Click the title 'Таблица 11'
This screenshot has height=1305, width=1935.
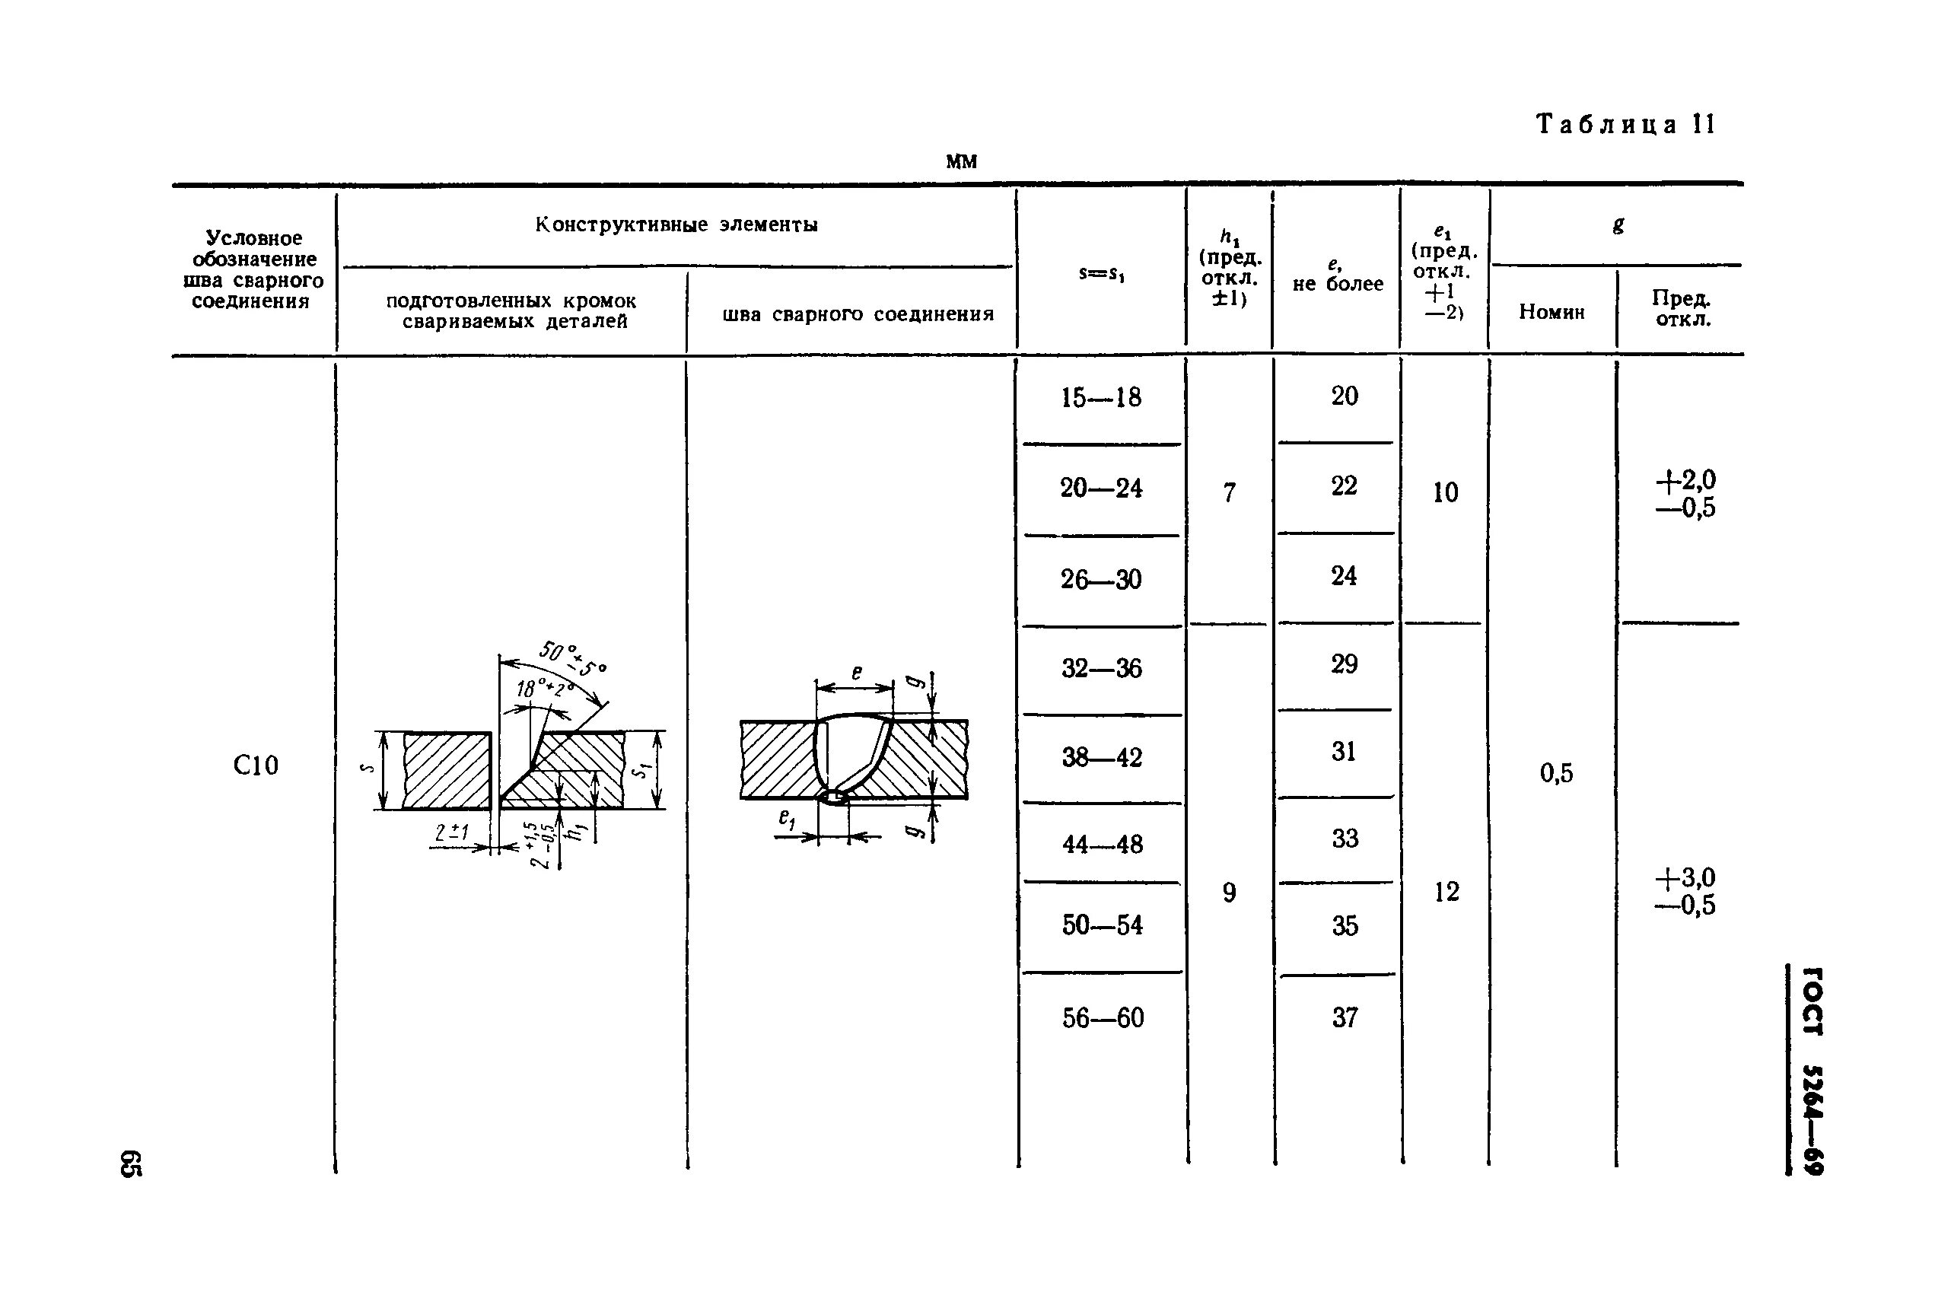tap(1625, 125)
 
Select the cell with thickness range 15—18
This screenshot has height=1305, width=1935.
tap(1100, 398)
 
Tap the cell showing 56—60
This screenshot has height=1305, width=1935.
tap(1103, 1018)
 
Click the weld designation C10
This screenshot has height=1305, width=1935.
tap(256, 765)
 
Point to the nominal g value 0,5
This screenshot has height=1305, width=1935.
tap(1555, 773)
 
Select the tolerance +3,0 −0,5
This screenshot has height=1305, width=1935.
tap(1685, 891)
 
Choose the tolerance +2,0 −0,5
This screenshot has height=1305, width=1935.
tap(1685, 494)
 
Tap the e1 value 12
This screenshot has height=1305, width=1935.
tap(1446, 892)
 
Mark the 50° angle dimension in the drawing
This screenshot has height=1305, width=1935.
tap(573, 657)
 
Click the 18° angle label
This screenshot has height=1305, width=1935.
tap(544, 689)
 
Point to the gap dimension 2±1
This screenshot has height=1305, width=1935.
tap(452, 833)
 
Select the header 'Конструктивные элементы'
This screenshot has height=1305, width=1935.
tap(676, 224)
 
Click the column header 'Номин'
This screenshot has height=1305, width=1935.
tap(1552, 312)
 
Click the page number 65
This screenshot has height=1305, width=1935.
tap(132, 1163)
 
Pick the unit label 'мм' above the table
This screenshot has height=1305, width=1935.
tap(960, 161)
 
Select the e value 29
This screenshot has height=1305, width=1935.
tap(1343, 664)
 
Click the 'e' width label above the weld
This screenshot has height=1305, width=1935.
tap(856, 673)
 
